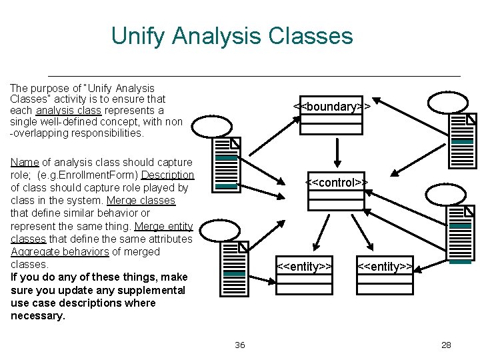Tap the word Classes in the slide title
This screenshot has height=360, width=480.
311,35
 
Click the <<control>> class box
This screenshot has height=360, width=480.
337,190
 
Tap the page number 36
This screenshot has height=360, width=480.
240,345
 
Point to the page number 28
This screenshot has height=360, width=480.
446,345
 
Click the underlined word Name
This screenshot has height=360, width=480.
25,162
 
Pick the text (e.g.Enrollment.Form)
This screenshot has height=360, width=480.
87,175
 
